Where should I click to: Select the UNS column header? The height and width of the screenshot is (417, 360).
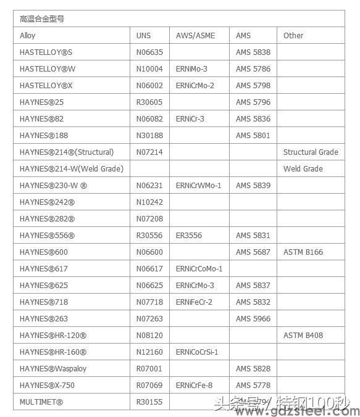[143, 36]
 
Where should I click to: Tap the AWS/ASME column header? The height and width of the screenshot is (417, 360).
[195, 36]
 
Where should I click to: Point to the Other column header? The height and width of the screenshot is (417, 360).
[293, 36]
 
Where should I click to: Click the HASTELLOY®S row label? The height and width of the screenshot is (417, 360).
[46, 52]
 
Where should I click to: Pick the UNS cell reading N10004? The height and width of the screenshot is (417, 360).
[149, 69]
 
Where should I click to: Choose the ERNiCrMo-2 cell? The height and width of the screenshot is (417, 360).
[195, 86]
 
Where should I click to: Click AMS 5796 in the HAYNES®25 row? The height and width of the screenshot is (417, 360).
[253, 102]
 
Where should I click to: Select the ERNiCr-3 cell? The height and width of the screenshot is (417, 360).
[190, 119]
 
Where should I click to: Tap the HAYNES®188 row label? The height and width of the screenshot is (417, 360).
[44, 136]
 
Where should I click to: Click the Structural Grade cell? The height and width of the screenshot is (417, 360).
[311, 152]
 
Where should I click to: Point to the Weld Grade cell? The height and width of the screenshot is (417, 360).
[303, 169]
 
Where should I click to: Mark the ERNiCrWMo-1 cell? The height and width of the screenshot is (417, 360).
[198, 186]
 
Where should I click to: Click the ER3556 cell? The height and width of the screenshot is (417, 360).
[188, 236]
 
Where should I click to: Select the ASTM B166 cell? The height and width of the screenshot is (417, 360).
[303, 252]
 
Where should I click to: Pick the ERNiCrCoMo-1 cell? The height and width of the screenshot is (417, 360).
[199, 269]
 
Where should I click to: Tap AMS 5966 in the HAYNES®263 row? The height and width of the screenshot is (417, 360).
[253, 319]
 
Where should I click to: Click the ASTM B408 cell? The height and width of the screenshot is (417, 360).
[303, 336]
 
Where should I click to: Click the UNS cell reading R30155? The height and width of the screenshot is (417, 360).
[149, 402]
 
